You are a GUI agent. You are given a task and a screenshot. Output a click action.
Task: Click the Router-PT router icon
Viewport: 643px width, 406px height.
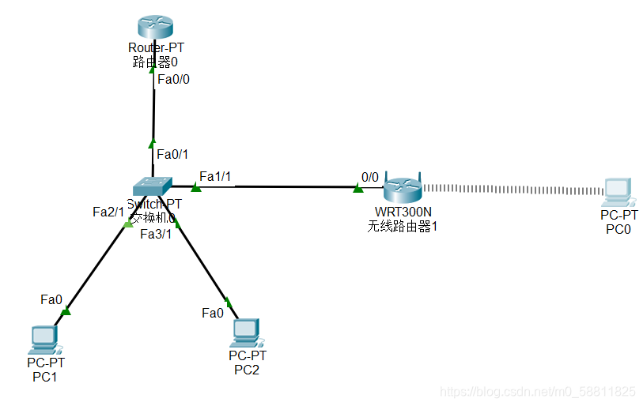[x=155, y=26]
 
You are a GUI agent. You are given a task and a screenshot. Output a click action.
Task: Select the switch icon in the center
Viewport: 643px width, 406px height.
[x=153, y=186]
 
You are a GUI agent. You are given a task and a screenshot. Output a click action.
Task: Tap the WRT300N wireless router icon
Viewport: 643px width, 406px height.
[x=403, y=190]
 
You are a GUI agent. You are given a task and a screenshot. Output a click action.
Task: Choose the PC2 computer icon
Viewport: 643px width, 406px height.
[x=246, y=333]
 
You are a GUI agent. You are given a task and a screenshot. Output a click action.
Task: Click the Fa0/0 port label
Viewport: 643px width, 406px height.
[x=174, y=79]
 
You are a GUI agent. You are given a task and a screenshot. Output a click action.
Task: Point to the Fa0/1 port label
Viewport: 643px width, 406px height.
[x=172, y=154]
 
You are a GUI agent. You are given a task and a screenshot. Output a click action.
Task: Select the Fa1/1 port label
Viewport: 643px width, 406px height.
[x=215, y=176]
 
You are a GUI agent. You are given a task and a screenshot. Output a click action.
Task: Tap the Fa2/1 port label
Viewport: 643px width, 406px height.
[x=108, y=212]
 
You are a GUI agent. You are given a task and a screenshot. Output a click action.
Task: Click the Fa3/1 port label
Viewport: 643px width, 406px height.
[x=156, y=234]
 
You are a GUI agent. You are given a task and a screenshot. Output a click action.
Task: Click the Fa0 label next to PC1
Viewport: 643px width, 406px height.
[x=51, y=299]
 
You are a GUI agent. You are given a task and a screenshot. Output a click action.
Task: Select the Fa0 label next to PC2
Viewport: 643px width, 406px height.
[x=213, y=313]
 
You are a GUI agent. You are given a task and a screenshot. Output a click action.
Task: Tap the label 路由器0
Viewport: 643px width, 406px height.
[x=155, y=62]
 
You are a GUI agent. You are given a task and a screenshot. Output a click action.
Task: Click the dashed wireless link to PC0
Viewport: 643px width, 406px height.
[x=514, y=190]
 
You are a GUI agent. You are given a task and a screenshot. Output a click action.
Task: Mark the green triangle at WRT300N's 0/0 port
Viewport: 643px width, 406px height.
[x=358, y=188]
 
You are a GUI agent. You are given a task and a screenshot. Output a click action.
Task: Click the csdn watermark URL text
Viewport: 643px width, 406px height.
[x=537, y=392]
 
